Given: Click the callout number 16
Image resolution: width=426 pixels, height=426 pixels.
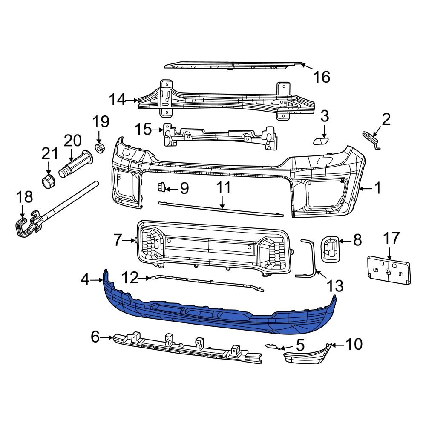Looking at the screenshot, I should click(x=322, y=77).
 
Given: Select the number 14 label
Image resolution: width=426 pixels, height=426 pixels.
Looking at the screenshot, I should click(x=118, y=100).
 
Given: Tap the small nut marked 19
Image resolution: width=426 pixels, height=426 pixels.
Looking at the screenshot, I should click(x=99, y=148).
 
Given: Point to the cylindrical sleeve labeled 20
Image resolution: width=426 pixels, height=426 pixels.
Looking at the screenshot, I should click(x=77, y=164).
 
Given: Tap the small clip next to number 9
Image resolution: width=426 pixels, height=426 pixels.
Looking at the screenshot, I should click(x=162, y=187).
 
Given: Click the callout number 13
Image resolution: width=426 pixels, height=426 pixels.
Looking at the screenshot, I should click(x=335, y=284).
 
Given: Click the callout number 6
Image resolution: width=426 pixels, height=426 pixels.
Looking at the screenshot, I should click(x=96, y=338).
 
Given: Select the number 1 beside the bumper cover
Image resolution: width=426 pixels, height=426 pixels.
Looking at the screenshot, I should click(x=377, y=188).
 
